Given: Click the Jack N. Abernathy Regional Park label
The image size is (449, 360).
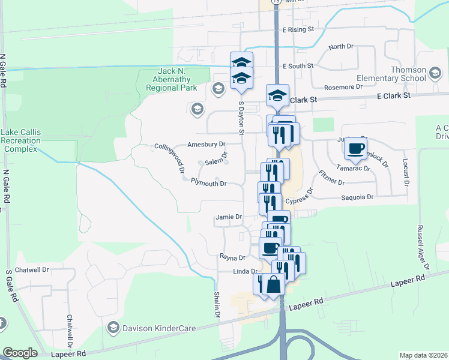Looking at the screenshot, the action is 172,79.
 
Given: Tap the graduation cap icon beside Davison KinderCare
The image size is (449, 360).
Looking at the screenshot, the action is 113,328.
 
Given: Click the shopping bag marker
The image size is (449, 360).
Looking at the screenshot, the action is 273,284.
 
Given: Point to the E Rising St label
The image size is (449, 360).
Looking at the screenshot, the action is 298,29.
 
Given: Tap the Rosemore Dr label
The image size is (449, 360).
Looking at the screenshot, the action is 343,86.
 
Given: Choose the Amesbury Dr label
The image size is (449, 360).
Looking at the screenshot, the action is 206,145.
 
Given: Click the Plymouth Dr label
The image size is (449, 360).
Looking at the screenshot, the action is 208,184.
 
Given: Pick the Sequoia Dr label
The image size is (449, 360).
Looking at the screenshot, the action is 358,197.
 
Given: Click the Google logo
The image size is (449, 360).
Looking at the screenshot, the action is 20,353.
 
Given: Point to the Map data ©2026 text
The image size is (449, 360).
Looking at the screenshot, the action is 423,355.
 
